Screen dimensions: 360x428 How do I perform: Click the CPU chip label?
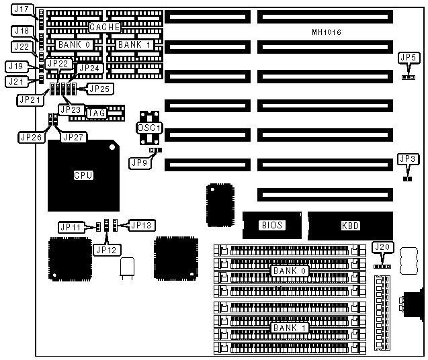tap(83, 175)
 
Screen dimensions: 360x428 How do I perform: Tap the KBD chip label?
tap(350, 226)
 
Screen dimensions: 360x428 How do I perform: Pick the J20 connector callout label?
tap(382, 247)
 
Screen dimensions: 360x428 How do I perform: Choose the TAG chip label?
tap(97, 114)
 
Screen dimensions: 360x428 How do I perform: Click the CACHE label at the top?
tap(105, 27)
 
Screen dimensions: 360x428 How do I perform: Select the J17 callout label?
tap(21, 10)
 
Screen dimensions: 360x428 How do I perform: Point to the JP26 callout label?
tap(31, 137)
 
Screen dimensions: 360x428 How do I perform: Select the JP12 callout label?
tap(106, 250)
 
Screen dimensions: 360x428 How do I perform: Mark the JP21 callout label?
tap(30, 99)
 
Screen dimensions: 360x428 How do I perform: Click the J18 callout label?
tap(21, 31)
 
